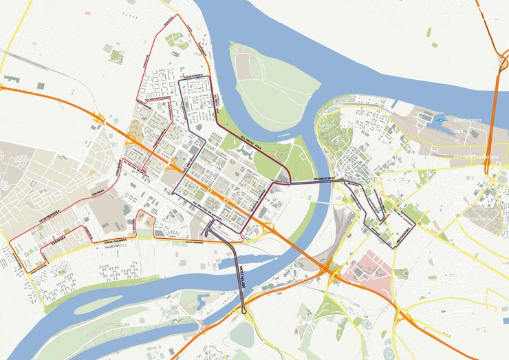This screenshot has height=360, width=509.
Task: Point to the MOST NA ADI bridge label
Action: pos(243,277)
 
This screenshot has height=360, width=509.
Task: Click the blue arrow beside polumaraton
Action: pos(440,120)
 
